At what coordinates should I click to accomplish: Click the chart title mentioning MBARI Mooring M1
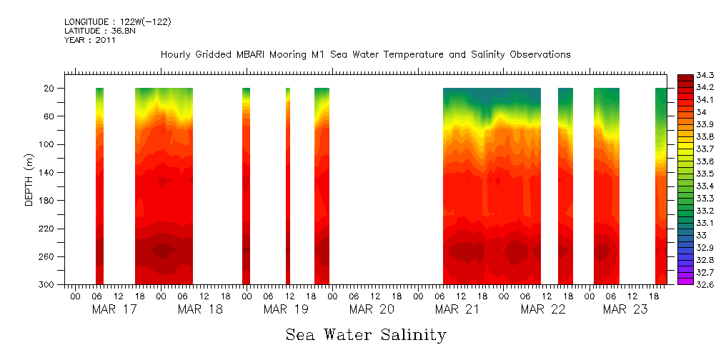[365, 54]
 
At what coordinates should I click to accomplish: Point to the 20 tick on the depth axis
[51, 89]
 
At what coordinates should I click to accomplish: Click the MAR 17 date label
[114, 309]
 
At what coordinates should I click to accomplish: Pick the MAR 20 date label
[372, 309]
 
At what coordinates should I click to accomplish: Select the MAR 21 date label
[457, 309]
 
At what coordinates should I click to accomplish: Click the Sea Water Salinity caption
[366, 334]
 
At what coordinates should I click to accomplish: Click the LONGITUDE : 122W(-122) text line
[118, 22]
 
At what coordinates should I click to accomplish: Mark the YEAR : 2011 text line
[90, 41]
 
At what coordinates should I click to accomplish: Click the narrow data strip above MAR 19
[288, 186]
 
